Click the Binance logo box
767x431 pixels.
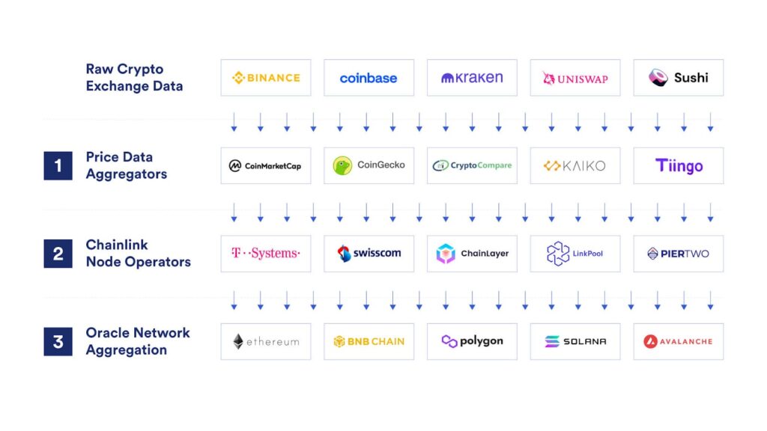click(x=265, y=78)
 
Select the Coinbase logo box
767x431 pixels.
click(x=369, y=78)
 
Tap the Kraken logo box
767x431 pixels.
click(x=472, y=78)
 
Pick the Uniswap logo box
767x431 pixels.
click(x=575, y=78)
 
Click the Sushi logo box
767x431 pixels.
click(x=678, y=78)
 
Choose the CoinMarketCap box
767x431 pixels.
click(x=265, y=165)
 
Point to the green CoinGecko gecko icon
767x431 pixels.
click(x=342, y=165)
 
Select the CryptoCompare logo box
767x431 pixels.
click(x=472, y=165)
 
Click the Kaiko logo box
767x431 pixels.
click(x=575, y=165)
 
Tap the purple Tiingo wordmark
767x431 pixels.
click(x=679, y=165)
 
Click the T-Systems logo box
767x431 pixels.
click(x=265, y=254)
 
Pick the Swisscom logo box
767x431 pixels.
click(x=369, y=254)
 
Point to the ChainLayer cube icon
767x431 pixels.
click(x=446, y=254)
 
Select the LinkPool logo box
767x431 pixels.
click(x=575, y=254)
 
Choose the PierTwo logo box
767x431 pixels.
click(x=678, y=254)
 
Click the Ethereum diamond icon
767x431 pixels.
click(x=238, y=341)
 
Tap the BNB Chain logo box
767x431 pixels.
click(x=369, y=341)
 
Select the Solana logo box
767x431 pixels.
click(x=575, y=341)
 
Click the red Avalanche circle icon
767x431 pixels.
click(x=650, y=341)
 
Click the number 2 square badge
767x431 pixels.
click(x=58, y=254)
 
